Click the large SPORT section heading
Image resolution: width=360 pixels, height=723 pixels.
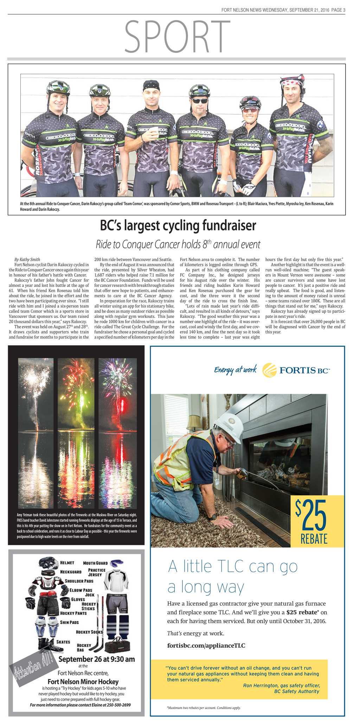(x=177, y=36)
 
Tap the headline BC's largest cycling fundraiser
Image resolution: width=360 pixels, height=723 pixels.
(x=178, y=225)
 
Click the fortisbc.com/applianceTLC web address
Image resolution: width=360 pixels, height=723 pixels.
(x=206, y=646)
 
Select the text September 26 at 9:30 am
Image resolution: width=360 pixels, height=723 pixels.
(x=96, y=659)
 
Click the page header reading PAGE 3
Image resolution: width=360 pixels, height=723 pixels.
(x=338, y=10)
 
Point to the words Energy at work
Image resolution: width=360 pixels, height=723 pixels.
(x=235, y=370)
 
